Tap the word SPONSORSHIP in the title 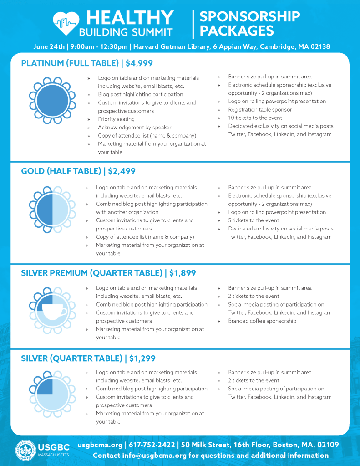250,16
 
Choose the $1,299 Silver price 142,358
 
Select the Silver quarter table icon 52,394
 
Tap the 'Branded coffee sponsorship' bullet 262,321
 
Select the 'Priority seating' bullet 116,119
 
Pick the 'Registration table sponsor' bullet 260,110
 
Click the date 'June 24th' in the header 49,47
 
